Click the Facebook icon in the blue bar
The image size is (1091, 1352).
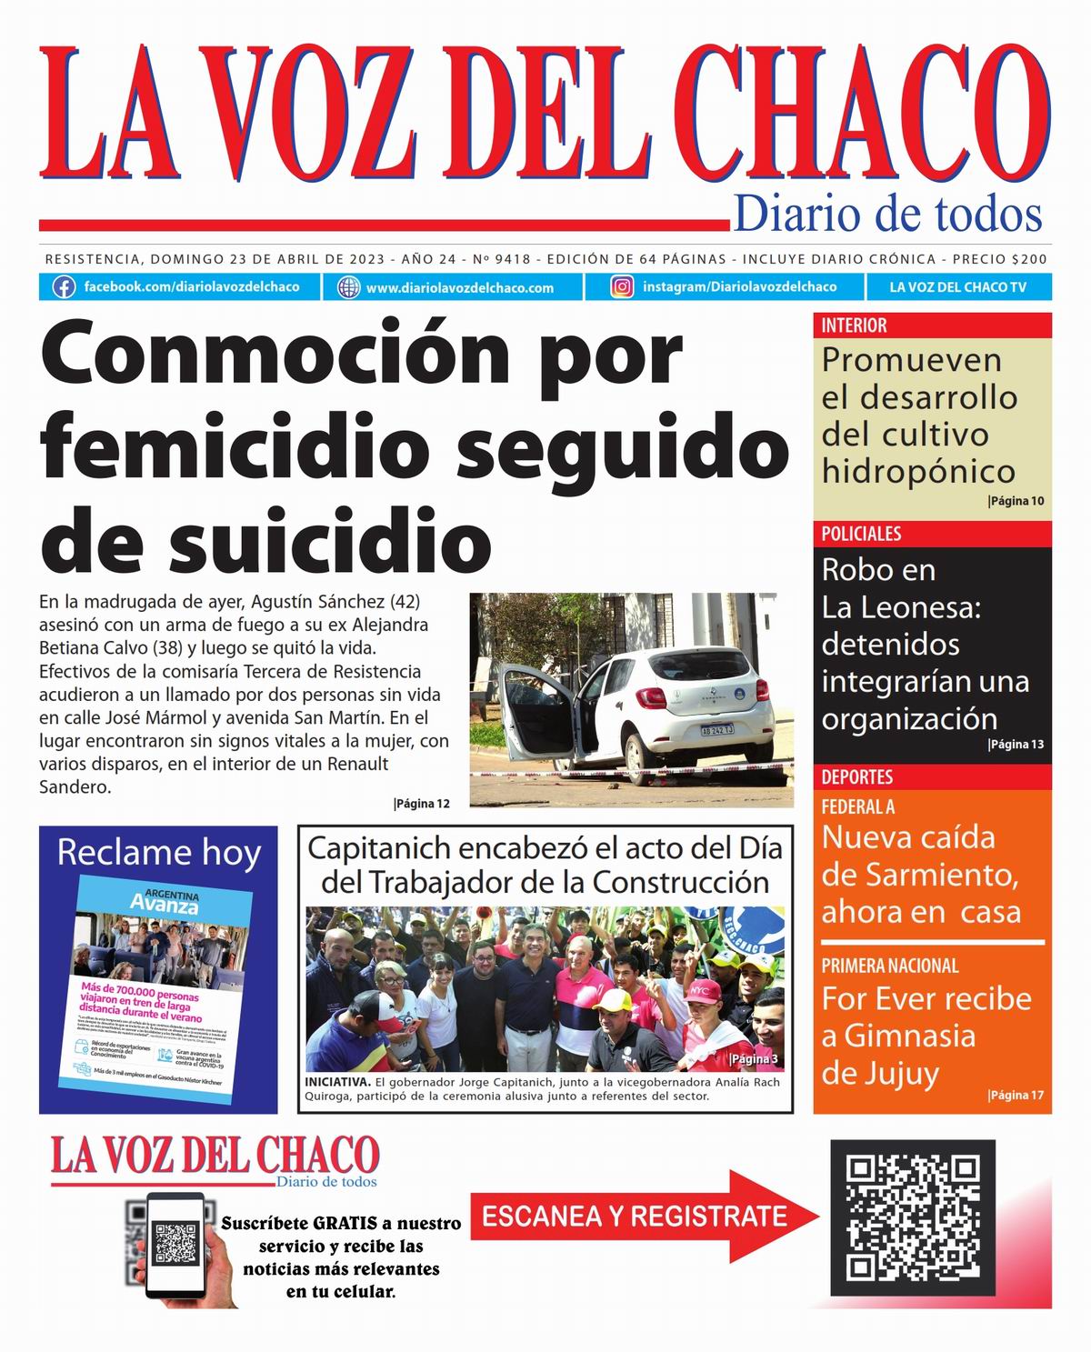(x=64, y=287)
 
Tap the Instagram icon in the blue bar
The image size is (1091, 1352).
(x=622, y=287)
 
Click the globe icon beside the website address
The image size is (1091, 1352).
(x=348, y=287)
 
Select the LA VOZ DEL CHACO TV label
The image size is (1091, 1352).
(x=957, y=287)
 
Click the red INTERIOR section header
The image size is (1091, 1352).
(x=855, y=325)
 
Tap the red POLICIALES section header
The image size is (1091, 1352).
(x=861, y=534)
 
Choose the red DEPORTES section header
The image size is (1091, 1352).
(x=857, y=777)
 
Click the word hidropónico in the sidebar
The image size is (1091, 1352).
(x=918, y=471)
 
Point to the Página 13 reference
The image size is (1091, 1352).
(x=1016, y=745)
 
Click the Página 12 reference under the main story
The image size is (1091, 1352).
(x=423, y=804)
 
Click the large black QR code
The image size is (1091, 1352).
(x=913, y=1217)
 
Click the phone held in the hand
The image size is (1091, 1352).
(x=175, y=1244)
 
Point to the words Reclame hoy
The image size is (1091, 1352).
(x=158, y=853)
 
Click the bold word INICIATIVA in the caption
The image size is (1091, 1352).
(x=337, y=1082)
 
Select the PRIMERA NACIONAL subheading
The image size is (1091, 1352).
(x=890, y=966)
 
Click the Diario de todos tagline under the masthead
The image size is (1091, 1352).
(x=887, y=215)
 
